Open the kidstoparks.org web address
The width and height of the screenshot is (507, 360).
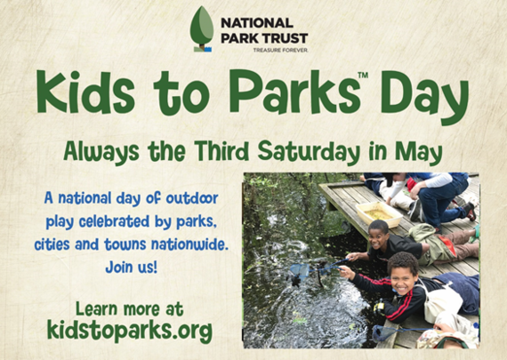point(130,331)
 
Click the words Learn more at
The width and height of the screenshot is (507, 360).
point(130,308)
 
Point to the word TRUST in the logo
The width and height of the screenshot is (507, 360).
point(285,38)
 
